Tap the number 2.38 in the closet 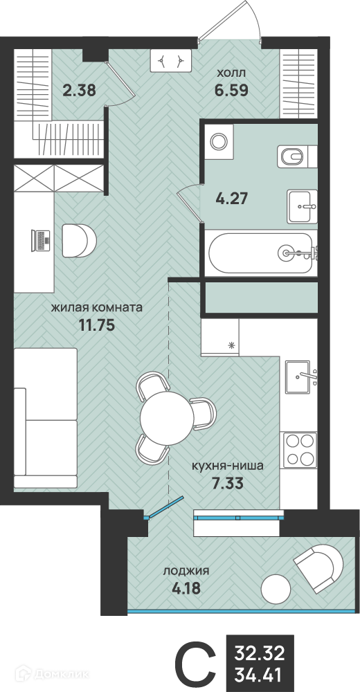tap(79, 91)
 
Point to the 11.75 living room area tap(97, 325)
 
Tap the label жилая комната tap(96, 308)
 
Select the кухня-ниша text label tap(228, 465)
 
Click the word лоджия tap(186, 571)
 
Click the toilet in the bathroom tap(297, 156)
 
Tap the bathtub tap(262, 254)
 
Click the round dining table tap(167, 417)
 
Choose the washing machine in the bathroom tap(217, 141)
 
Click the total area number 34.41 tap(260, 674)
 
